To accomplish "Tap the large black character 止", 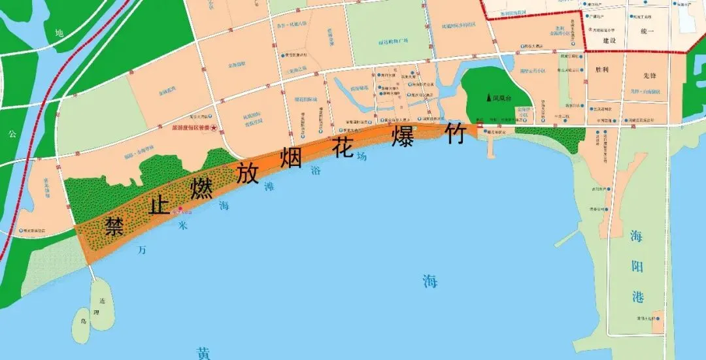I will (159, 205).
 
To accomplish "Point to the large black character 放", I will (247, 172).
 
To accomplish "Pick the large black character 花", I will (344, 146).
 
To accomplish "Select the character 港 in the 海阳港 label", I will (637, 297).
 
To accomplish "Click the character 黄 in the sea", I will (203, 353).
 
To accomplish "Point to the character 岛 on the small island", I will (83, 321).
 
